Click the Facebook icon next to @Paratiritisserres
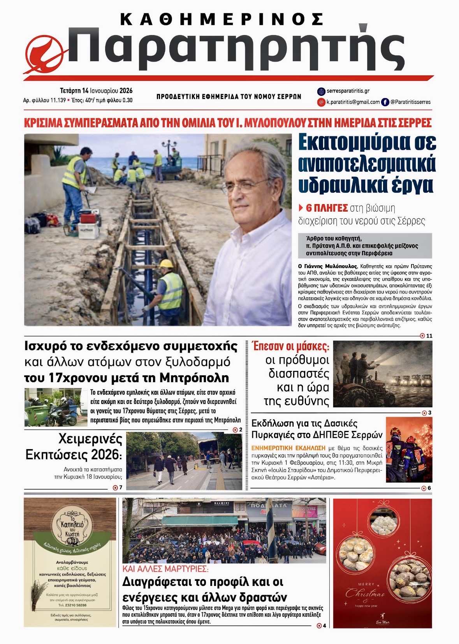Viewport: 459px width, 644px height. click(x=385, y=102)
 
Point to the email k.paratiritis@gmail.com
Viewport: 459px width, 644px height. click(x=353, y=102)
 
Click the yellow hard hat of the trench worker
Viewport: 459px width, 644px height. click(x=166, y=264)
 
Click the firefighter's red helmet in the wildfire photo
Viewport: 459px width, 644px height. click(x=396, y=431)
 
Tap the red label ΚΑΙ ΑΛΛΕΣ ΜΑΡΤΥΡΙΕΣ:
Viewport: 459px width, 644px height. click(x=165, y=569)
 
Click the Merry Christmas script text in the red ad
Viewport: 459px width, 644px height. click(x=365, y=593)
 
